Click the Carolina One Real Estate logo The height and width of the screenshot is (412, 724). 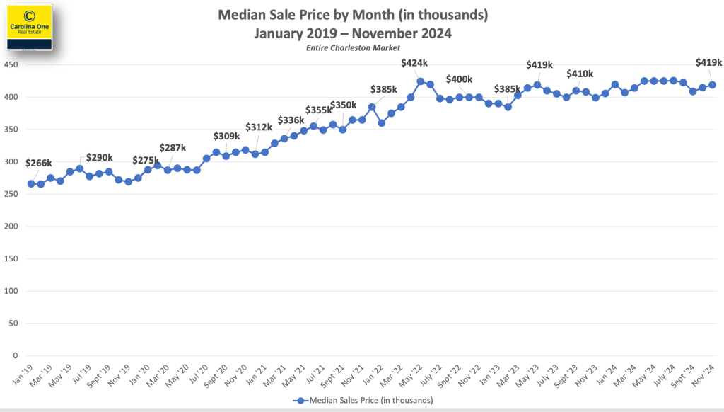click(x=30, y=27)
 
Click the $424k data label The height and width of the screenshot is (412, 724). click(x=414, y=63)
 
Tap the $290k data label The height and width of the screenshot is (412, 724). click(x=98, y=157)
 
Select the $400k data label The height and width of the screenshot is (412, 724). click(x=459, y=79)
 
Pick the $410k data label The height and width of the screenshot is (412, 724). click(x=580, y=74)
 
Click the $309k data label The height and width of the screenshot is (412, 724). click(x=226, y=136)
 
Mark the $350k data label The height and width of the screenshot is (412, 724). click(x=344, y=105)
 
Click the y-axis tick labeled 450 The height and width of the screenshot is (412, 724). click(x=11, y=65)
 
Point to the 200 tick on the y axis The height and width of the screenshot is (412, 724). click(x=11, y=227)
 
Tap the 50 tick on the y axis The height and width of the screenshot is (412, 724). click(x=13, y=324)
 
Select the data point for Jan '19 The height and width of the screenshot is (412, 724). click(x=31, y=184)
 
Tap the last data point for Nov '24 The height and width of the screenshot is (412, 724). click(x=712, y=85)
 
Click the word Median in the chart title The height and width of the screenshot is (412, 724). click(x=242, y=14)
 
